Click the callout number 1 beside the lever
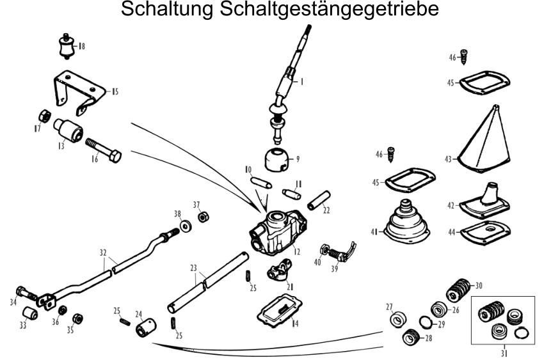coord(301,81)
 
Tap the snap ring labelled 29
coord(426,321)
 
